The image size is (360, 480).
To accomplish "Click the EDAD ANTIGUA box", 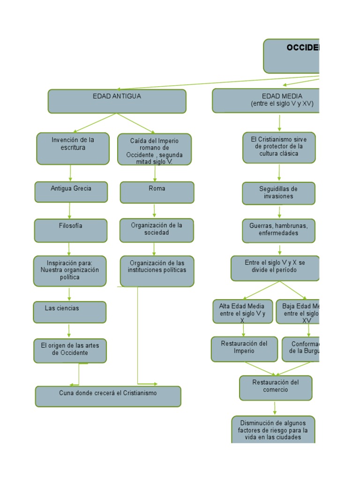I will (x=117, y=101).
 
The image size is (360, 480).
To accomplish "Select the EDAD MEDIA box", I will (x=266, y=101).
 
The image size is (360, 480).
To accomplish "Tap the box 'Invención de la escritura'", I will (x=73, y=148).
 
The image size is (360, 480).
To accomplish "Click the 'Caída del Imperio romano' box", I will (x=154, y=150).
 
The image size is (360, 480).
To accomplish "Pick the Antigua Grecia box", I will (x=71, y=192).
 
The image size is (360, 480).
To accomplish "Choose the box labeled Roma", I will (x=157, y=192).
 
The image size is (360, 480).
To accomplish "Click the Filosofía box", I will (x=70, y=231).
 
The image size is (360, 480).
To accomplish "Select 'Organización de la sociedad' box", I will (x=156, y=230).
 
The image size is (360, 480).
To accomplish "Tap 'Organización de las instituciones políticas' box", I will (x=157, y=270).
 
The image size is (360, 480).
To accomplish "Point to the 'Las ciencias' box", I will (x=69, y=312).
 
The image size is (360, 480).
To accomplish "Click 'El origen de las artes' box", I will (x=70, y=351).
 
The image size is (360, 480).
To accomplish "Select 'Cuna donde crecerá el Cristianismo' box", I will (x=108, y=396).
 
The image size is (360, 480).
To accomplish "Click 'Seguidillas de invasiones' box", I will (x=278, y=193).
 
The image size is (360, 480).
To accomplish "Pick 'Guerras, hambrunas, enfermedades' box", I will (x=278, y=231).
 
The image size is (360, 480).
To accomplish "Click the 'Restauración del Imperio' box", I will (x=244, y=349).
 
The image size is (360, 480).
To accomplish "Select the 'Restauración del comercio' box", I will (x=275, y=388).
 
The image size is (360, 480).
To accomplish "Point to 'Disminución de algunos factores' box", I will (x=273, y=429).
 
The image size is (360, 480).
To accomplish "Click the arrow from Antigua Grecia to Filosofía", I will (x=70, y=210).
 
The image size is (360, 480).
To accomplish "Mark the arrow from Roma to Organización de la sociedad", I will (x=155, y=211).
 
